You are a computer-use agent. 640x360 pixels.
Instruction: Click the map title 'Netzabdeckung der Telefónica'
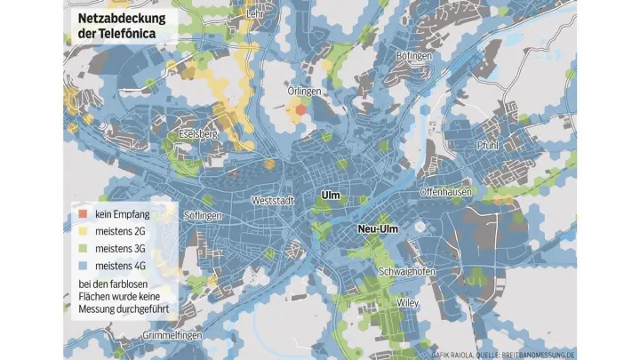tap(116, 26)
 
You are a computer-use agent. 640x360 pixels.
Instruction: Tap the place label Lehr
tap(255, 14)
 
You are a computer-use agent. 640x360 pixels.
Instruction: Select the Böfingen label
tap(413, 56)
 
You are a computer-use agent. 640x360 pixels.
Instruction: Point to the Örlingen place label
tap(304, 91)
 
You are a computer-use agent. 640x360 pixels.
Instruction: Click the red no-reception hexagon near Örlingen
tap(301, 109)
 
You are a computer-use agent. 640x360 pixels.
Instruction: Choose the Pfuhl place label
tap(488, 145)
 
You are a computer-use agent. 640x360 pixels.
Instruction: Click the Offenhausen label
tap(444, 192)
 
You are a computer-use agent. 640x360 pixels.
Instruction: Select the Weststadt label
tap(273, 201)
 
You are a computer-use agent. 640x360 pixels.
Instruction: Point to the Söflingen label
tap(203, 216)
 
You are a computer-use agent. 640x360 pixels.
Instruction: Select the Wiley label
tap(407, 302)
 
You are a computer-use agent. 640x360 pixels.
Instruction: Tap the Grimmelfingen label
tap(172, 336)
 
